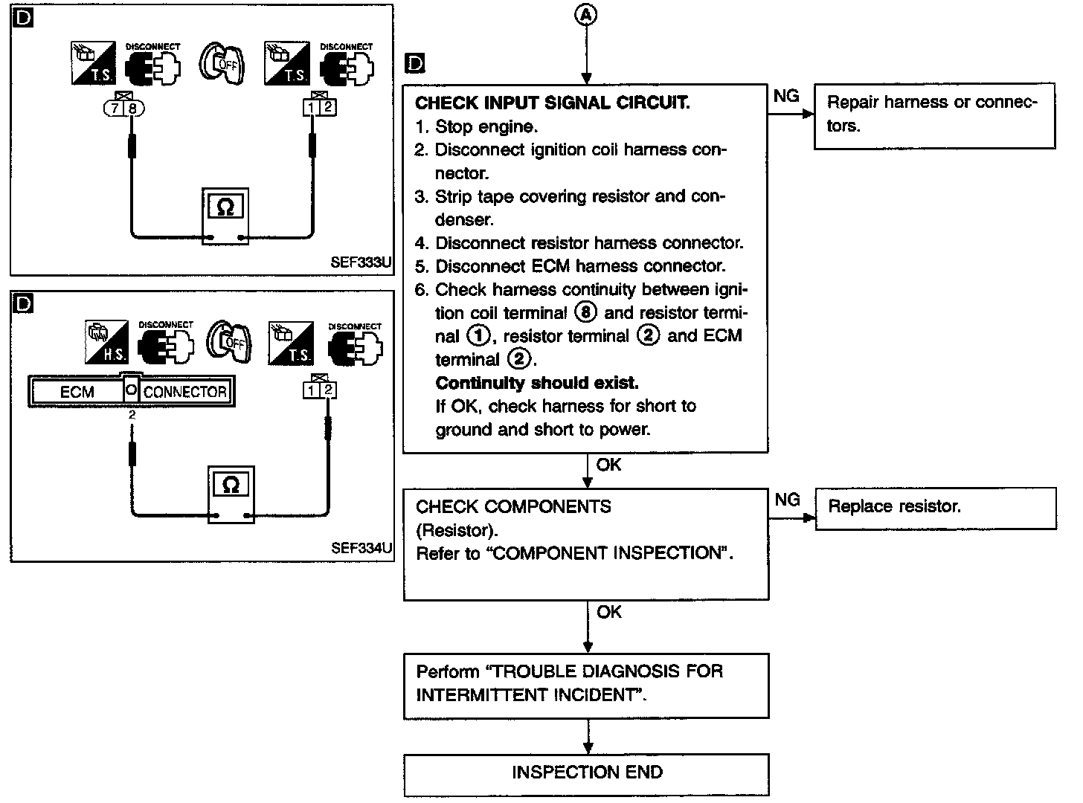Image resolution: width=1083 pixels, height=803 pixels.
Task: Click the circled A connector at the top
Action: (587, 15)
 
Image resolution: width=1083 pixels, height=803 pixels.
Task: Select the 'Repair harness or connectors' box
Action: (934, 116)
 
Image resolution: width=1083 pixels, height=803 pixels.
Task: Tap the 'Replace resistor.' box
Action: (936, 508)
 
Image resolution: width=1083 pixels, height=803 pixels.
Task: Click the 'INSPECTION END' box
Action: (586, 773)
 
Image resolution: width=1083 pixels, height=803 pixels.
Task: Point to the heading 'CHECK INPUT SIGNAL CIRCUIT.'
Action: (552, 103)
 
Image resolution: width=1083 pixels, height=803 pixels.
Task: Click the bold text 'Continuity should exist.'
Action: (536, 383)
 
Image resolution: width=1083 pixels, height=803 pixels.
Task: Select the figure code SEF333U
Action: (361, 263)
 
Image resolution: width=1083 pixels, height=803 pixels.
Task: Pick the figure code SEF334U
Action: (361, 549)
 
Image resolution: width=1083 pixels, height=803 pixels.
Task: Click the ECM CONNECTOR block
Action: (132, 391)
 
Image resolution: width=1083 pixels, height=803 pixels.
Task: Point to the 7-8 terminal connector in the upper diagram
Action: (123, 108)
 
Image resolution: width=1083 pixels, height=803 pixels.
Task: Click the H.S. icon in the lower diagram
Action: (105, 343)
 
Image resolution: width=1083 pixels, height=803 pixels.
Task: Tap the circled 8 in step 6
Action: (586, 313)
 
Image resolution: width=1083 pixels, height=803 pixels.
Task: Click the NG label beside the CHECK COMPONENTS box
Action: (787, 500)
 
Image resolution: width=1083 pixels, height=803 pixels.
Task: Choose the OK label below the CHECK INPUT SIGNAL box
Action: (608, 465)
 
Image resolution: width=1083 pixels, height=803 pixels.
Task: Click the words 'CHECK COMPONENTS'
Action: (513, 507)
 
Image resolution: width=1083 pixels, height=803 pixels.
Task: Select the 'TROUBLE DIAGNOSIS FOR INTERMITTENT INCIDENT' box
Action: (586, 685)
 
